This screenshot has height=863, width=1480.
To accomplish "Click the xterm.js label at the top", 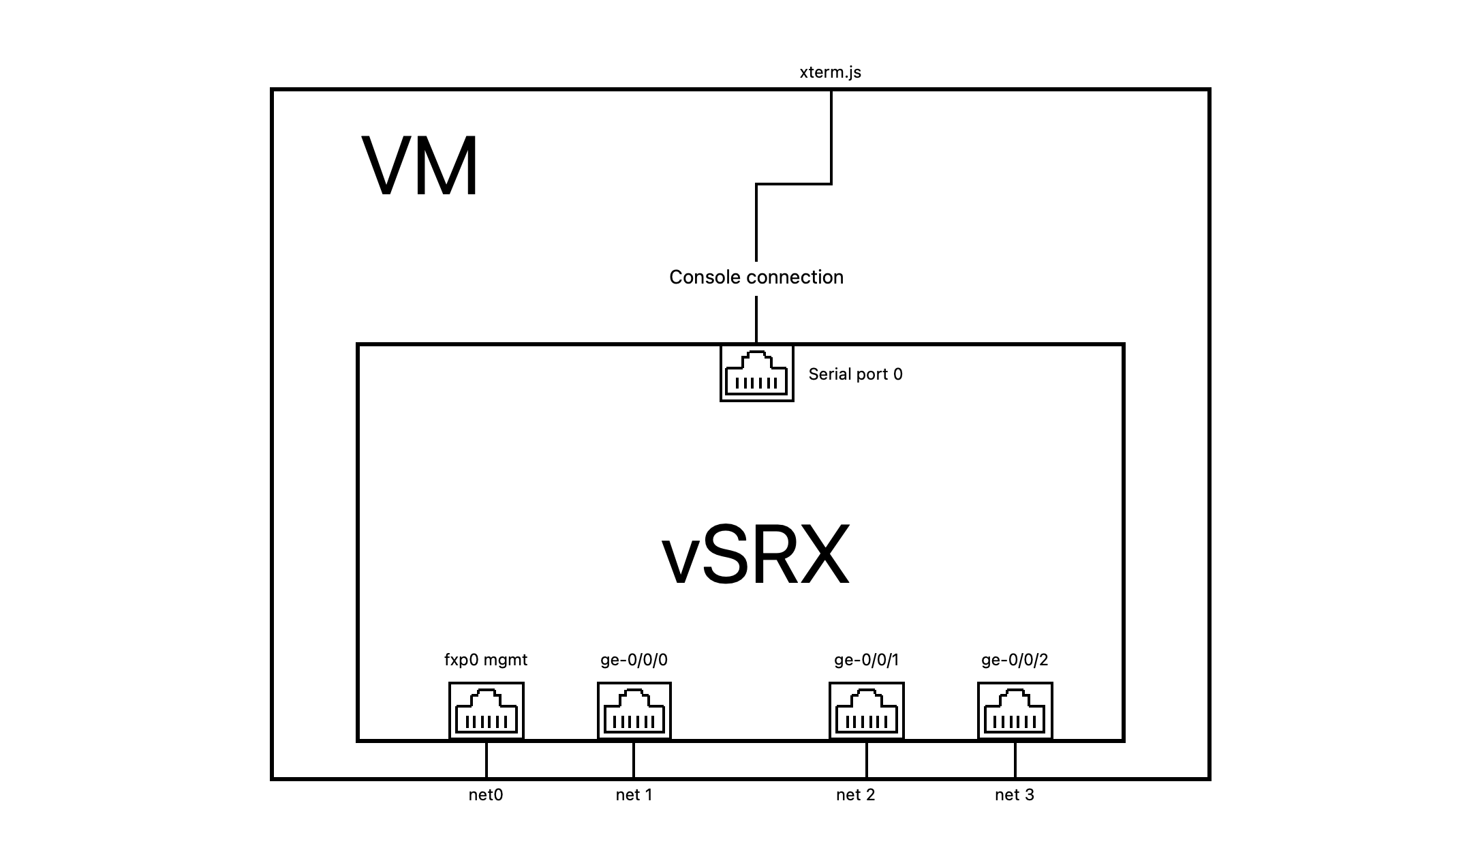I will pos(830,72).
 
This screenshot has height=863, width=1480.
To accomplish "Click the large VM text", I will pos(420,166).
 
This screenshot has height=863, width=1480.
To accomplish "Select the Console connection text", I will pos(756,277).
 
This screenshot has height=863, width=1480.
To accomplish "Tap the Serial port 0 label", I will pos(855,374).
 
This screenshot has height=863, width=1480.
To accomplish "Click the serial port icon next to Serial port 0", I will pos(756,374).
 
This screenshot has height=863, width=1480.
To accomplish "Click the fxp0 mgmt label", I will pos(485,660).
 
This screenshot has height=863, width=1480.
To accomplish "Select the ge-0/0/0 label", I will pos(634,660).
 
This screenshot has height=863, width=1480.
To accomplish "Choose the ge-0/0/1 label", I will pos(866,660).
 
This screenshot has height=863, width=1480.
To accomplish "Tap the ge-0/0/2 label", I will pos(1015,660).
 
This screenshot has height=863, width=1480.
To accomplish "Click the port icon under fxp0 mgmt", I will pos(486,710).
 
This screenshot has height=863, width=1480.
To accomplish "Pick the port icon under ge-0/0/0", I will pos(634,710).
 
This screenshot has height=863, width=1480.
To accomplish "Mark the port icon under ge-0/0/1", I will pos(866,710).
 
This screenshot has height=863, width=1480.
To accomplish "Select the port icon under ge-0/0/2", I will pos(1015,710).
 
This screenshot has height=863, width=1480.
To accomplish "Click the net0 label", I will pos(485,795).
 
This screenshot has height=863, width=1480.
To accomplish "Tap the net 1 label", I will pos(634,795).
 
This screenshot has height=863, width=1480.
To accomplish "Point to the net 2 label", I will pos(855,795).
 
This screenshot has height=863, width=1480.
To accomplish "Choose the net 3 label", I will pos(1014,795).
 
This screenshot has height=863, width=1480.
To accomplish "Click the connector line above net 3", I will pos(1015,759).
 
